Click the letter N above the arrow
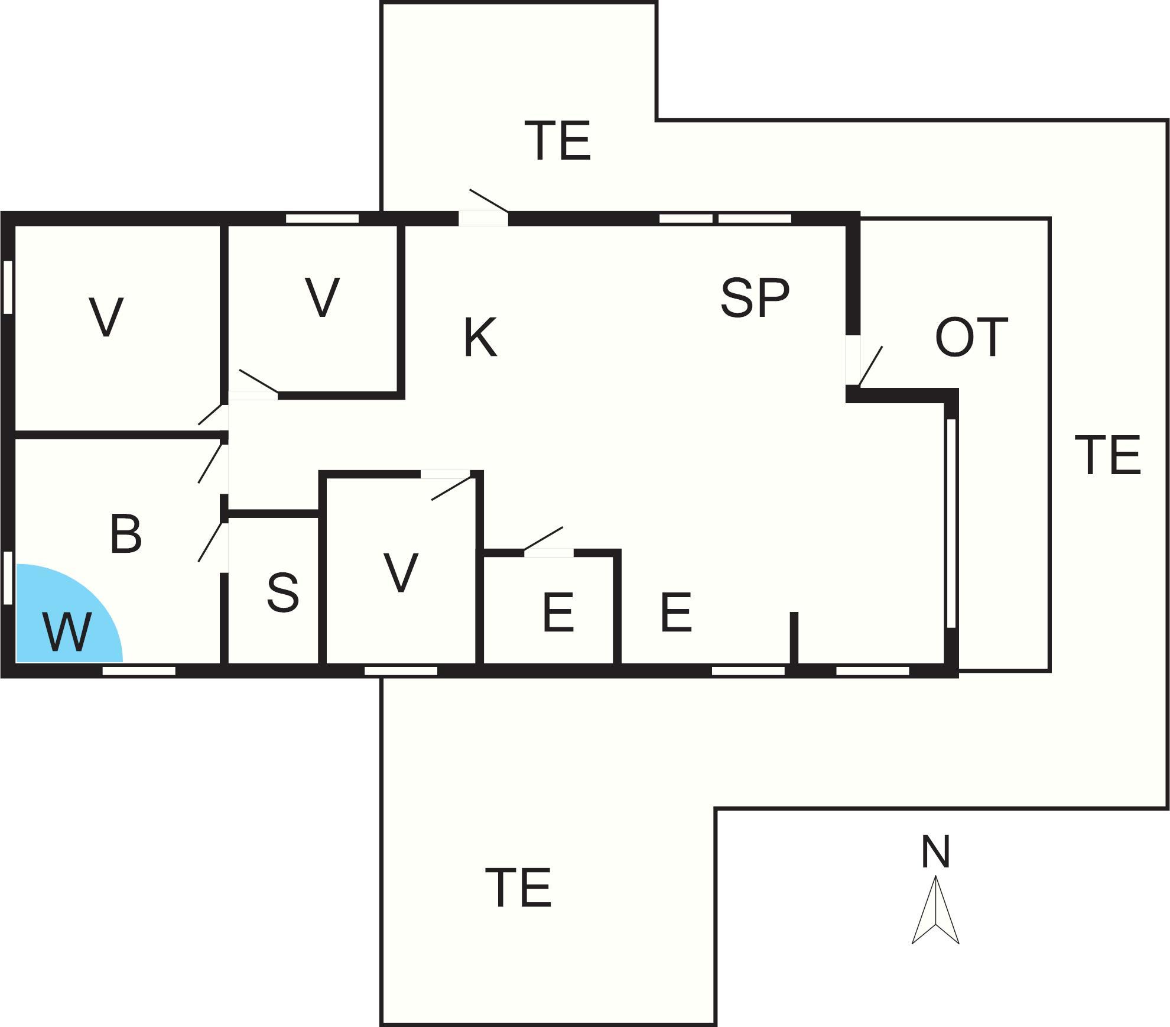(x=935, y=851)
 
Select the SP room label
(x=755, y=299)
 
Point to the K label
(x=480, y=338)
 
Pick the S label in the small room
(x=283, y=592)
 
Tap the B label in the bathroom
(x=126, y=534)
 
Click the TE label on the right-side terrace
(x=1107, y=455)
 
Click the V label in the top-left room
(x=106, y=318)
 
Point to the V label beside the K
(x=323, y=297)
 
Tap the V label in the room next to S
(x=401, y=572)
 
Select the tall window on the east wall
(x=951, y=523)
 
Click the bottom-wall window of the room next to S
(x=401, y=670)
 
